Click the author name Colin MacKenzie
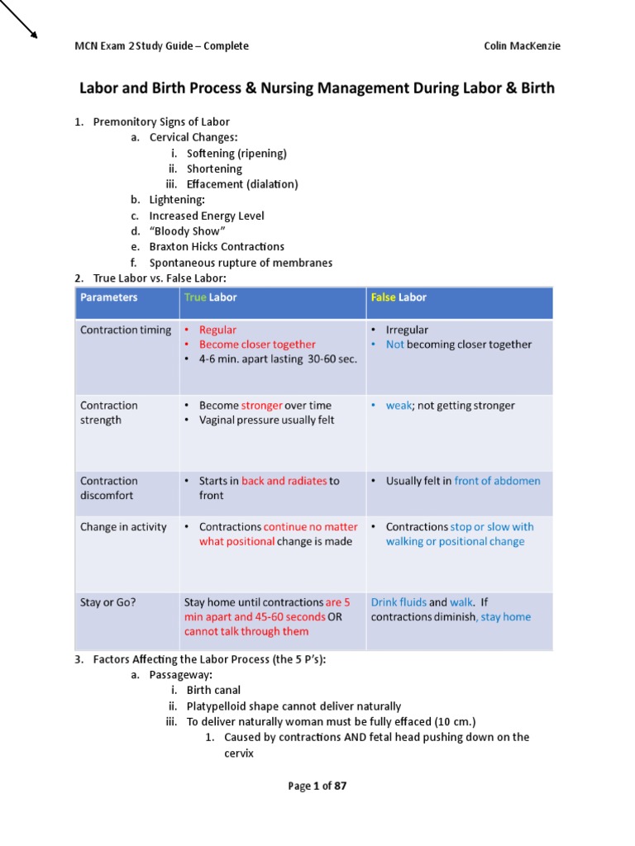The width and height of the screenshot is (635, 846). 522,46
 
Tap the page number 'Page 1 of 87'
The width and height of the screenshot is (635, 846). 317,786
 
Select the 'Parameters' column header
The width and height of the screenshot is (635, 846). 108,297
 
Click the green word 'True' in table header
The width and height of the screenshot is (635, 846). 195,297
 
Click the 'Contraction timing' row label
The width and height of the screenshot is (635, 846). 126,330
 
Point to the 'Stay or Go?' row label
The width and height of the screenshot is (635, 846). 108,602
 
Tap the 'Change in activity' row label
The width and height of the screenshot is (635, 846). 123,527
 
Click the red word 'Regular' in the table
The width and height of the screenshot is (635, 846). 217,330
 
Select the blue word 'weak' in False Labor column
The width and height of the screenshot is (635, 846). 399,406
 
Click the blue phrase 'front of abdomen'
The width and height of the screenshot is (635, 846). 497,481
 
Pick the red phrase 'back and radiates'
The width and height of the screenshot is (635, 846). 284,481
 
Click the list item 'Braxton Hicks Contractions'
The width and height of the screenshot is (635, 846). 217,247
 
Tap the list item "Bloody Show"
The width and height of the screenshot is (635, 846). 182,231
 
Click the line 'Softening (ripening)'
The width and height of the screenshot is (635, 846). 236,153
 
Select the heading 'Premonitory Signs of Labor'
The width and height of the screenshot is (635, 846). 161,122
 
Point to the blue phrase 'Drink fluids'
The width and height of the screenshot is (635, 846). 399,602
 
